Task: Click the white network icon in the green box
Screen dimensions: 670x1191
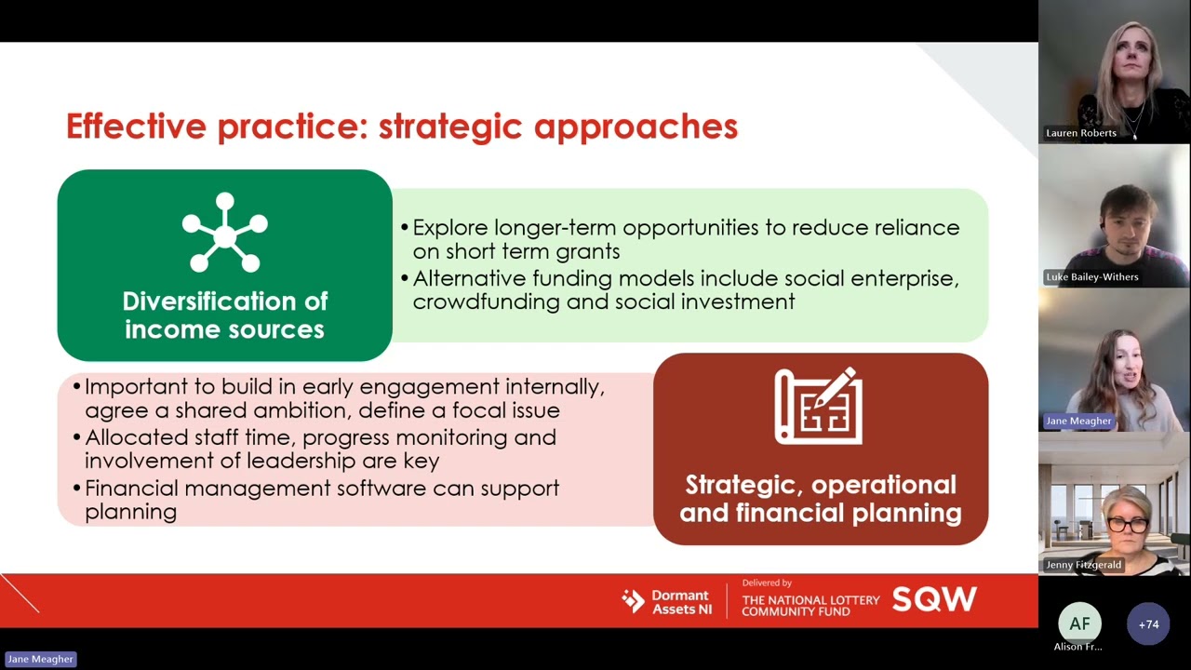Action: pyautogui.click(x=224, y=233)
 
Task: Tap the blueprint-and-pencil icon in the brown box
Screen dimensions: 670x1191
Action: pyautogui.click(x=819, y=407)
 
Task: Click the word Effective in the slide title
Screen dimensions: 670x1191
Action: pyautogui.click(x=136, y=127)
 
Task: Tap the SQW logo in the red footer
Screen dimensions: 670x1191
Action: pyautogui.click(x=934, y=600)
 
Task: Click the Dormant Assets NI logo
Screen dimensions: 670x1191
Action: pyautogui.click(x=667, y=602)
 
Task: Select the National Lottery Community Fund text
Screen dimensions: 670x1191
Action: pyautogui.click(x=810, y=605)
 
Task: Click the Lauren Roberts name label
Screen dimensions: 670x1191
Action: pyautogui.click(x=1080, y=133)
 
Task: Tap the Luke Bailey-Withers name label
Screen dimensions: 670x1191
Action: pyautogui.click(x=1091, y=277)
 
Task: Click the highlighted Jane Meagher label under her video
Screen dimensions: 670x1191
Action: pyautogui.click(x=1078, y=421)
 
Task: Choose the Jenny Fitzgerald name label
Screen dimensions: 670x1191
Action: pyautogui.click(x=1083, y=565)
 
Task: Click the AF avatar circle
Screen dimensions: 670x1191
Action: pyautogui.click(x=1079, y=623)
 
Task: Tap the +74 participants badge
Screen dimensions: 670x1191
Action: pyautogui.click(x=1148, y=623)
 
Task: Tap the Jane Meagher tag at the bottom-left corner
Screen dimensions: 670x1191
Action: pyautogui.click(x=40, y=659)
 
